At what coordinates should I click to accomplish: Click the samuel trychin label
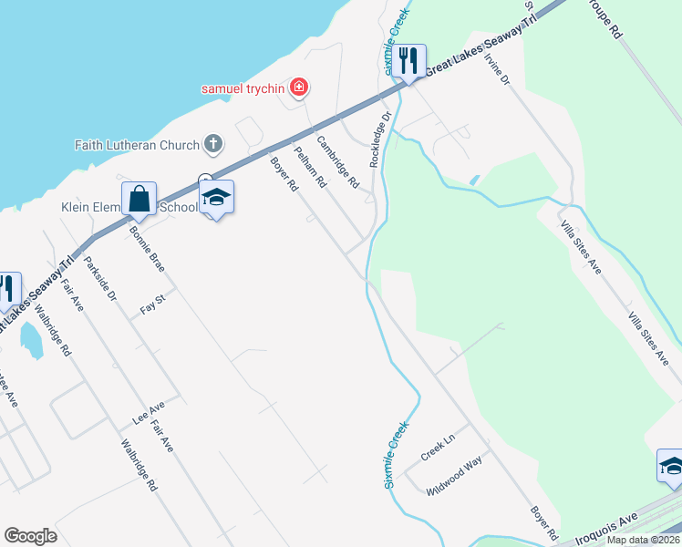(243, 88)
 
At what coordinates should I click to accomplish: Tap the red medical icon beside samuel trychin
(298, 88)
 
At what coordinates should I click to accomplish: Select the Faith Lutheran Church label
(137, 145)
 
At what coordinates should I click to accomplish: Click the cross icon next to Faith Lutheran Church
(212, 143)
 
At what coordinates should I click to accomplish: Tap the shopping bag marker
(139, 199)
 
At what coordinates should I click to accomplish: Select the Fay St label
(152, 303)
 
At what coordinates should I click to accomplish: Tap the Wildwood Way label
(454, 480)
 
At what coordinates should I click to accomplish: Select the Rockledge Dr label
(379, 139)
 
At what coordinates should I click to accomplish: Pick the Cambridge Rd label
(337, 161)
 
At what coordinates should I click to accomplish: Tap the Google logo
(30, 535)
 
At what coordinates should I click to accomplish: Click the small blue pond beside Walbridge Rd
(31, 340)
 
